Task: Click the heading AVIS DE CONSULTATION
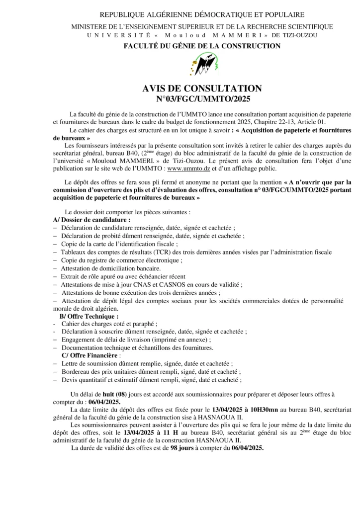[x=202, y=88]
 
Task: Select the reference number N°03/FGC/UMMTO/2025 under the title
[x=202, y=99]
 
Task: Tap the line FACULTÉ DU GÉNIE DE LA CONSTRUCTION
[x=202, y=46]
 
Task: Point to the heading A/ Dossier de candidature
[x=92, y=219]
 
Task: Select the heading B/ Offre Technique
[x=89, y=316]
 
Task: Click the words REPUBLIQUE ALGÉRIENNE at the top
[x=144, y=15]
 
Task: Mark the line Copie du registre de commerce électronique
[x=122, y=260]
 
